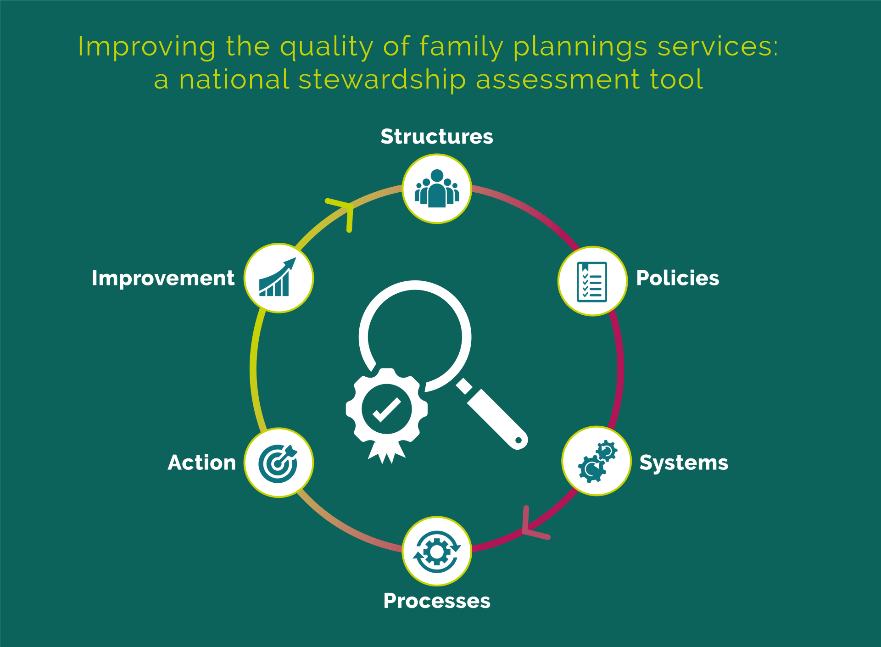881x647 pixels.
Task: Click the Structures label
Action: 436,137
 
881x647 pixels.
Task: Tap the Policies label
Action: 677,278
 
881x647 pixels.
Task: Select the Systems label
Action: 683,463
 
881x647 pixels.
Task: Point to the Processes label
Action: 437,601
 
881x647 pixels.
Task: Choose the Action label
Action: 202,463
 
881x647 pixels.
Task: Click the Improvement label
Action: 163,278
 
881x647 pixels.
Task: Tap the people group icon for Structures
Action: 437,189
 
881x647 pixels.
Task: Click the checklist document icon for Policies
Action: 592,281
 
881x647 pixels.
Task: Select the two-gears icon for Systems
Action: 597,461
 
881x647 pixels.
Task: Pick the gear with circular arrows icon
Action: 437,551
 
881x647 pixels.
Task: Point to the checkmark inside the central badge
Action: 386,409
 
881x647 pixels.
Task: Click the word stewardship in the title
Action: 382,79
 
